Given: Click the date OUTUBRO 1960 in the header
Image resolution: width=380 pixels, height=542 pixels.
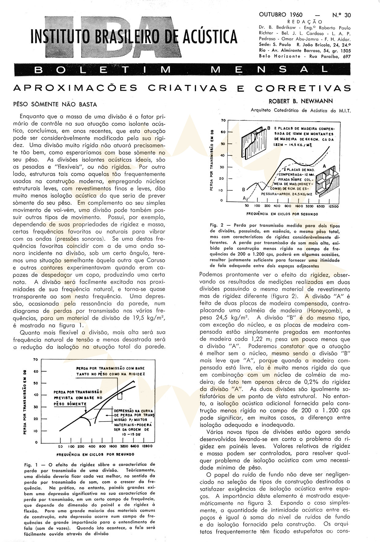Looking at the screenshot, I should (x=280, y=15).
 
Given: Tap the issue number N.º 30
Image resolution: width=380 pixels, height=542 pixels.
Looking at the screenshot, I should (x=341, y=15).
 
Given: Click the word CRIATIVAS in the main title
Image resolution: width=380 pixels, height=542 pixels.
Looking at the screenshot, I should (x=188, y=88).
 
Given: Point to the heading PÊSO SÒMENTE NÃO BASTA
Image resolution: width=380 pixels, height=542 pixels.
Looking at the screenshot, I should (x=55, y=105).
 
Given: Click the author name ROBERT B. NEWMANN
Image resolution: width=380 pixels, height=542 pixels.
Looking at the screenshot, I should (x=300, y=101).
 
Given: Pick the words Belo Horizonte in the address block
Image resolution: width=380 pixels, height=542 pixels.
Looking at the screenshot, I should (x=280, y=56).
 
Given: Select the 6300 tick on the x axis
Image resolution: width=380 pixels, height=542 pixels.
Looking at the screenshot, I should (x=321, y=206).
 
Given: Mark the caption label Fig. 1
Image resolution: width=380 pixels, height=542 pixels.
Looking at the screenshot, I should (x=30, y=464).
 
